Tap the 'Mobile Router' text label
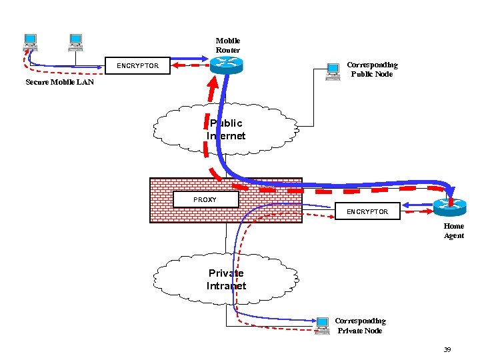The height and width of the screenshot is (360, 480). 228,45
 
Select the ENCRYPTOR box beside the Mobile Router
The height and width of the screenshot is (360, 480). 137,66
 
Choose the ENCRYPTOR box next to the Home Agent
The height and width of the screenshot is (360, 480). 367,211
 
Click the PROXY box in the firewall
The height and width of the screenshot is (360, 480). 205,199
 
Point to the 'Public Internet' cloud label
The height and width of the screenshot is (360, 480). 226,129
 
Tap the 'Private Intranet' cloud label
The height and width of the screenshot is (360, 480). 226,279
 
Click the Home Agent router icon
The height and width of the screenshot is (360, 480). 450,207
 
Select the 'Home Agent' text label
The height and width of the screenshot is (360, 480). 454,231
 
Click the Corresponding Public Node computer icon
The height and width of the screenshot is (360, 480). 333,71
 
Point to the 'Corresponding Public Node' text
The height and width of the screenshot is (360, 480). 372,69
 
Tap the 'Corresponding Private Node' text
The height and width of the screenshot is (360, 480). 360,325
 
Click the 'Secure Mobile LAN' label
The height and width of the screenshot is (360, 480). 59,83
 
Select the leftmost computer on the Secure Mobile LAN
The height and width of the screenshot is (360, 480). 30,42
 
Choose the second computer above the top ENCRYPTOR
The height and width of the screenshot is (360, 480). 75,42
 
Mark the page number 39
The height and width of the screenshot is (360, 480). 447,350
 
